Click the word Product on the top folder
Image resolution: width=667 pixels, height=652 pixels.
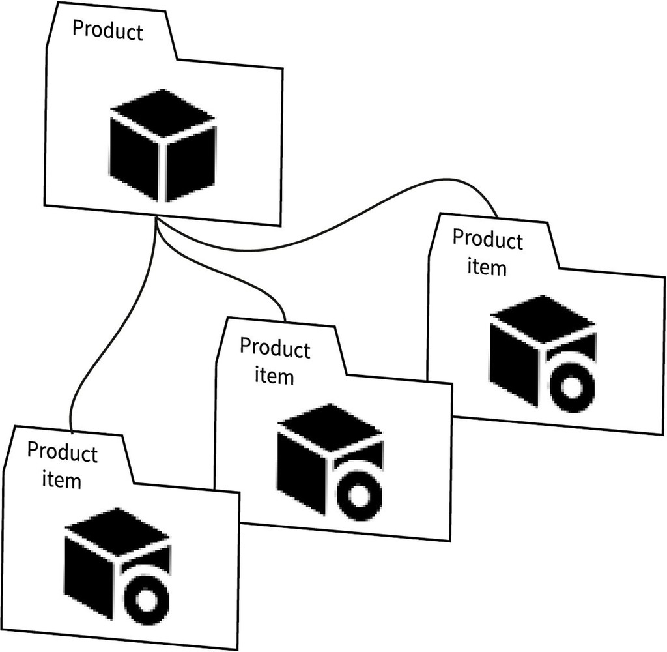107,30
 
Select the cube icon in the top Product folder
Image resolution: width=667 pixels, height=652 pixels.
162,144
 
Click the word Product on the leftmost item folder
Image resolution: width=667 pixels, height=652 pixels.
62,452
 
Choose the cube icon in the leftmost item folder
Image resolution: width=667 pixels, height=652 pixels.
117,564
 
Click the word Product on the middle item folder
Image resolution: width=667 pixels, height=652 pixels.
274,348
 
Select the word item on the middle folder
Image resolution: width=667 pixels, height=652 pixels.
274,376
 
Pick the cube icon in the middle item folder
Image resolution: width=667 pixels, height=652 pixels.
330,460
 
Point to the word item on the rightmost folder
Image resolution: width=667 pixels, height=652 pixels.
487,267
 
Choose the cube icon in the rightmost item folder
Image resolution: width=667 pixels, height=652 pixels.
543,352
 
